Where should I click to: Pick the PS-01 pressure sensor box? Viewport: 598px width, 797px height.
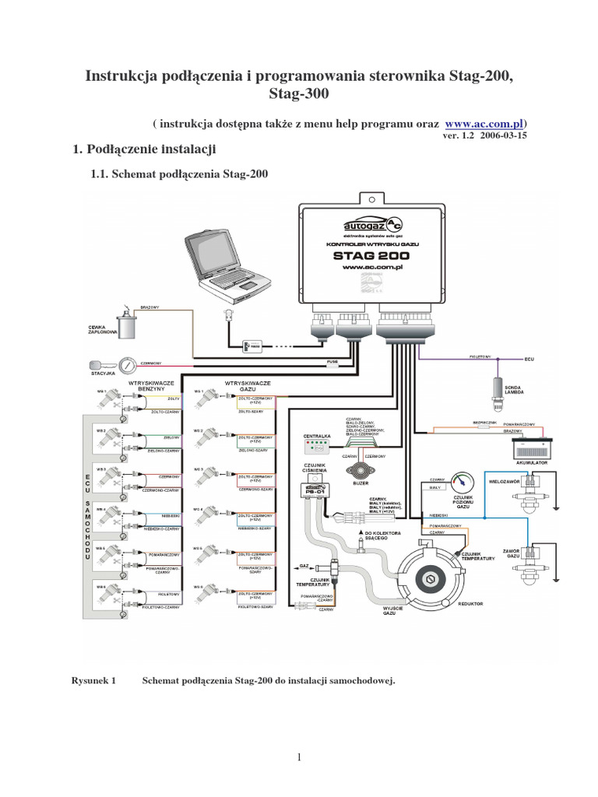click(x=316, y=491)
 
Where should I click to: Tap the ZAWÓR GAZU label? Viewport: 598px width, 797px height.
click(x=512, y=552)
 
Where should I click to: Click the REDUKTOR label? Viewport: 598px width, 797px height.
click(x=471, y=603)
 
